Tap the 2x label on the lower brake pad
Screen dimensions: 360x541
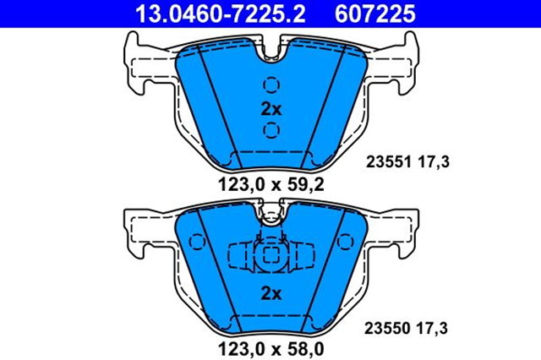[270, 293]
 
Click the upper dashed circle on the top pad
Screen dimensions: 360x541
[271, 85]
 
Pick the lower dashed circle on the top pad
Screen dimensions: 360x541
[271, 129]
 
